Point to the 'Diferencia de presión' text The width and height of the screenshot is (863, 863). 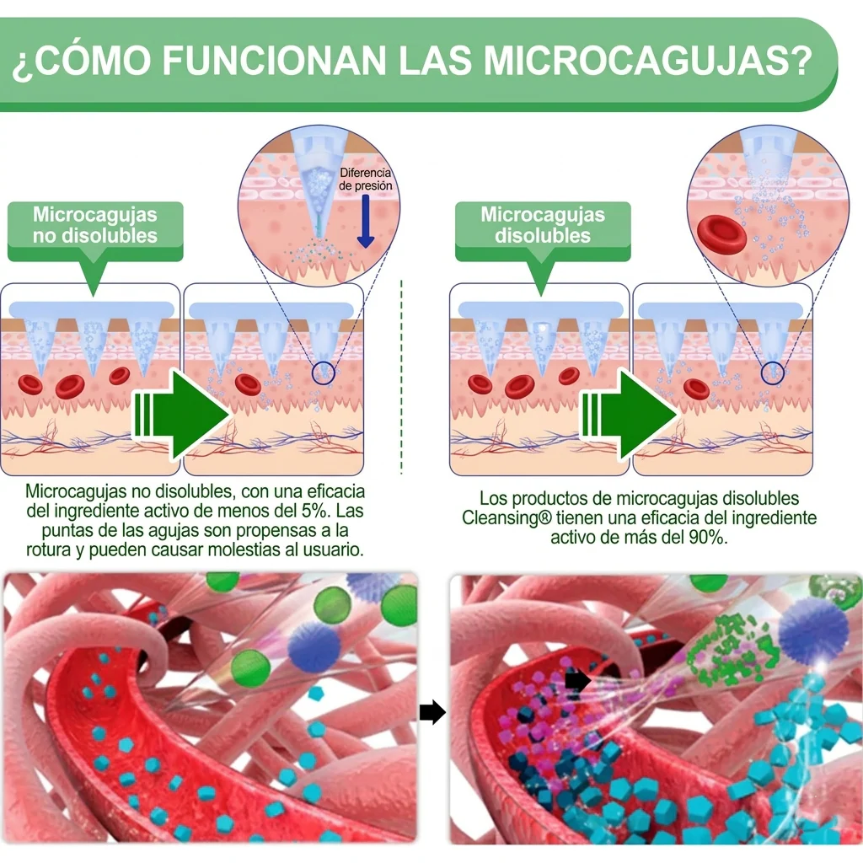(x=366, y=179)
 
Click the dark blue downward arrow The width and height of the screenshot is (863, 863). (x=366, y=221)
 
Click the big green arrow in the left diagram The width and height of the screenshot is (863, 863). (x=182, y=415)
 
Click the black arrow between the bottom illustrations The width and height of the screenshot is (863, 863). (x=432, y=712)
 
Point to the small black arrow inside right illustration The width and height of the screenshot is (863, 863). (x=577, y=681)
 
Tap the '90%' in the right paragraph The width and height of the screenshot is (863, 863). (x=707, y=537)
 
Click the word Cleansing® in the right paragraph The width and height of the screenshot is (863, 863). (x=507, y=518)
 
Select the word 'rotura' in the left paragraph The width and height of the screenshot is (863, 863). (x=48, y=549)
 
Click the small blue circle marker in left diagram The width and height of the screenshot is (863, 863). (x=323, y=373)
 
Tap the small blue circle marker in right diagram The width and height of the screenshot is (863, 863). (x=772, y=373)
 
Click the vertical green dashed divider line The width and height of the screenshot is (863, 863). (x=401, y=377)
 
